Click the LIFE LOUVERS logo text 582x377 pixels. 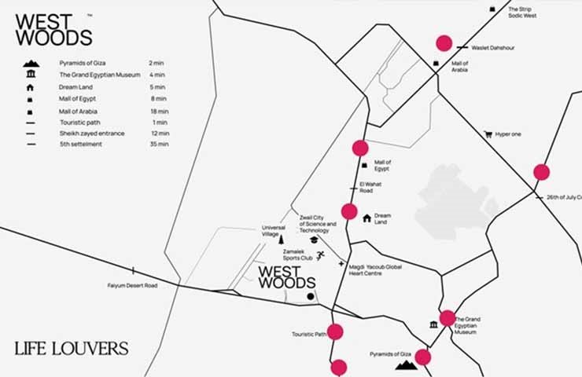[71, 347]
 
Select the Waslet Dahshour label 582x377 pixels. [492, 48]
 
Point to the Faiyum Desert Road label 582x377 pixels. [132, 285]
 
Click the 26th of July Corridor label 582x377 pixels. [563, 196]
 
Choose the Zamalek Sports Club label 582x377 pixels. [298, 255]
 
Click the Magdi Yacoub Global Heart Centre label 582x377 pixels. [375, 270]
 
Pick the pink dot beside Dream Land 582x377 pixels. [349, 210]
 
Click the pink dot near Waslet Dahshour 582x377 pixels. [444, 43]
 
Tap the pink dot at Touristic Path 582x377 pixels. [336, 331]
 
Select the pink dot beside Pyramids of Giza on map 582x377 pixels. [423, 357]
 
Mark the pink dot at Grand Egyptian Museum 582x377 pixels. [448, 318]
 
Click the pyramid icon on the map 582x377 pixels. [406, 364]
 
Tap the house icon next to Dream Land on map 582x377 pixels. [367, 217]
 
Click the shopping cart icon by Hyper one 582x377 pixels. [488, 134]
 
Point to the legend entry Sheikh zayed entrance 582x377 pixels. [92, 134]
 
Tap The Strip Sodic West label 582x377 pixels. [524, 13]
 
